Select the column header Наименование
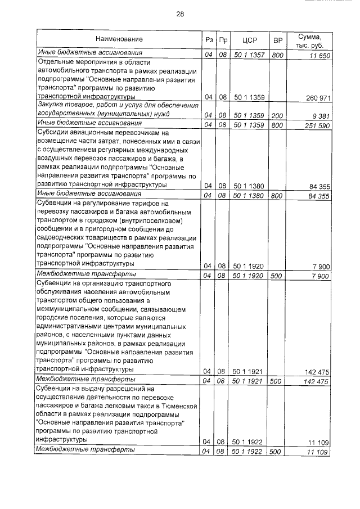[x=119, y=39]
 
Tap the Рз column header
[x=208, y=39]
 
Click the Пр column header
[x=223, y=39]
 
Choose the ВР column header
[x=277, y=39]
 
